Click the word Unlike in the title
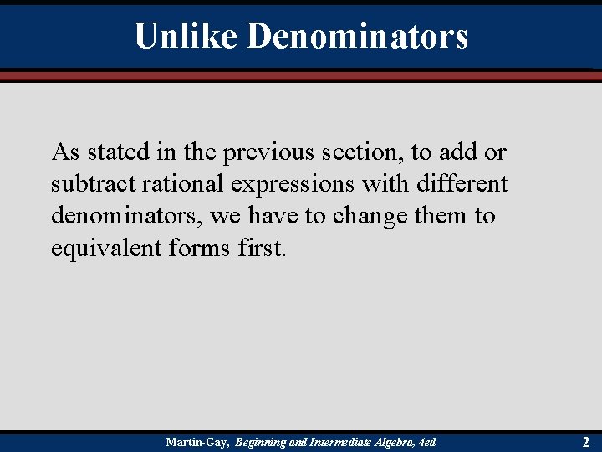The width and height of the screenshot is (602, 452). (186, 36)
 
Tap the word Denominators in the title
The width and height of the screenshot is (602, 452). (358, 36)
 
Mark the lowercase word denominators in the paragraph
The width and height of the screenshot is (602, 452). (126, 216)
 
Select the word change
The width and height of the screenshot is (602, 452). (371, 216)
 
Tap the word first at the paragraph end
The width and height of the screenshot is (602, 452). (261, 248)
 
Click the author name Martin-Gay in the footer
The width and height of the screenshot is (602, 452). (197, 441)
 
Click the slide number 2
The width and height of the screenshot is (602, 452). (585, 441)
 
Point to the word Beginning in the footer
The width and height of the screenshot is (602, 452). (261, 441)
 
